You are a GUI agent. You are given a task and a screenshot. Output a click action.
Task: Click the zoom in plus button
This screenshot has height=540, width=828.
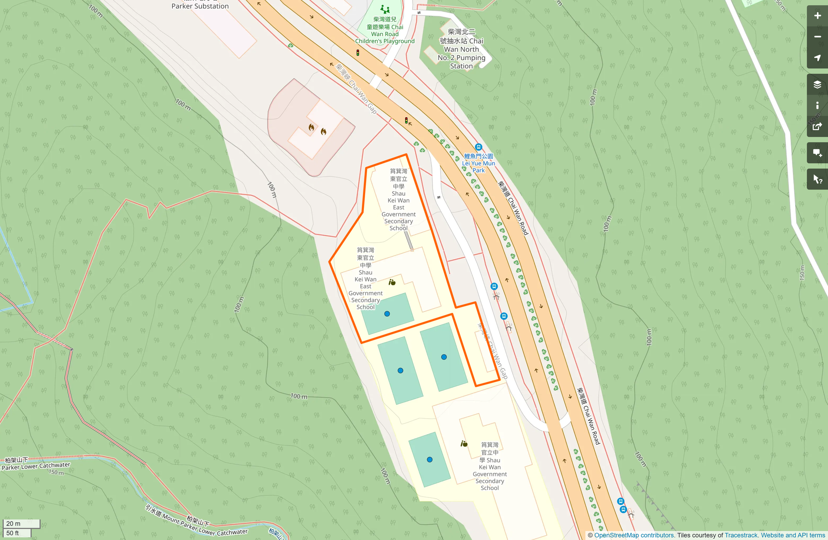[817, 16]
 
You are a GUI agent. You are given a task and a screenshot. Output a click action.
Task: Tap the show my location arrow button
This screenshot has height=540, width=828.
[817, 58]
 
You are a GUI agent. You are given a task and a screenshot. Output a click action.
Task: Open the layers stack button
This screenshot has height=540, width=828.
[817, 84]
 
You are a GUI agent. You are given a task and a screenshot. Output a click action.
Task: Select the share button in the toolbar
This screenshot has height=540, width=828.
[817, 127]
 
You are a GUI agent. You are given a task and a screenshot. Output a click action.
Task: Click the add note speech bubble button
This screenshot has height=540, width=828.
[817, 153]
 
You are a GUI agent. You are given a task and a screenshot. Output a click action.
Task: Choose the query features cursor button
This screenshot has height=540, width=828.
[817, 180]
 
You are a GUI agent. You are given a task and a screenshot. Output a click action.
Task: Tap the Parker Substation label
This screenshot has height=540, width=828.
[200, 6]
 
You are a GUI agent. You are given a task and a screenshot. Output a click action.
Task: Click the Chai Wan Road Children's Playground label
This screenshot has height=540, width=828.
[385, 30]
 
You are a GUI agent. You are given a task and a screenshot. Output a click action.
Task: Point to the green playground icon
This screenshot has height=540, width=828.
[385, 9]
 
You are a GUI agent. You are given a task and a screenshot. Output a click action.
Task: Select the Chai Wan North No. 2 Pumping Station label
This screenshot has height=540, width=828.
[461, 49]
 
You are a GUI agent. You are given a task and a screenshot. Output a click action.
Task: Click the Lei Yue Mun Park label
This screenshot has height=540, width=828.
[479, 163]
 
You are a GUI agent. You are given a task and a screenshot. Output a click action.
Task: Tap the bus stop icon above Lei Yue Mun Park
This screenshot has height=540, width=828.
[478, 147]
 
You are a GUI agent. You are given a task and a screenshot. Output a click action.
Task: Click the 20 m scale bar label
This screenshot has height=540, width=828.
[14, 523]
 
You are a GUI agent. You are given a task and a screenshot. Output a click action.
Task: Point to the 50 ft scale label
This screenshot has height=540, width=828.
[13, 533]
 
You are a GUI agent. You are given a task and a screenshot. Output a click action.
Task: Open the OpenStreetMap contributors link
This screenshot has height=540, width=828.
[634, 535]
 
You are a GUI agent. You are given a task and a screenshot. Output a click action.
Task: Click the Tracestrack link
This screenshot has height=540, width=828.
[741, 535]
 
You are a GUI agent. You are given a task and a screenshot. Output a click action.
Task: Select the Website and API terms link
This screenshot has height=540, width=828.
[793, 535]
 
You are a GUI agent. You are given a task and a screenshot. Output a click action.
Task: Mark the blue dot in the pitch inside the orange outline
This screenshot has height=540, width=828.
[387, 314]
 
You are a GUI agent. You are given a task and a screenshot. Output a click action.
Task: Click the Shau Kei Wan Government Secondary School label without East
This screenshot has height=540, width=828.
[490, 466]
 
